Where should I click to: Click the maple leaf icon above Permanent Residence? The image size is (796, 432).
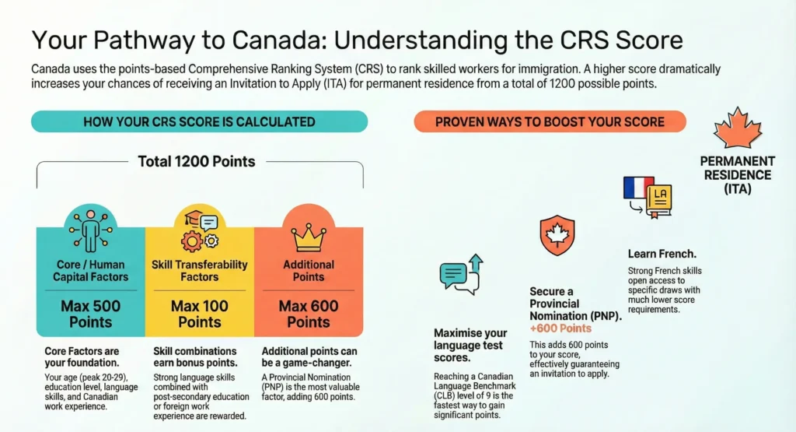coord(737,129)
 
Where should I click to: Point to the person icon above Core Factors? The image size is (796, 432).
coord(90,230)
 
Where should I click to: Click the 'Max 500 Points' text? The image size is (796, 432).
coord(90,314)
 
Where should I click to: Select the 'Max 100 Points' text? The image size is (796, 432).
coord(199,314)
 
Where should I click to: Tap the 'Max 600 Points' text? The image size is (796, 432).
coord(308,314)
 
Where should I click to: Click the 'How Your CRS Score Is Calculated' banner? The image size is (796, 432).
coord(198,121)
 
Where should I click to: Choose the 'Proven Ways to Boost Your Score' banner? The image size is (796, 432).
coord(550,121)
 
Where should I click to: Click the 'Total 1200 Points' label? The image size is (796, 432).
coord(197,162)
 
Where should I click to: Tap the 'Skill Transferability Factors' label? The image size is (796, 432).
coord(199,270)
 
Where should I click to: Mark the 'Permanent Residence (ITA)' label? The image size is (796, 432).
coord(737,174)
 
